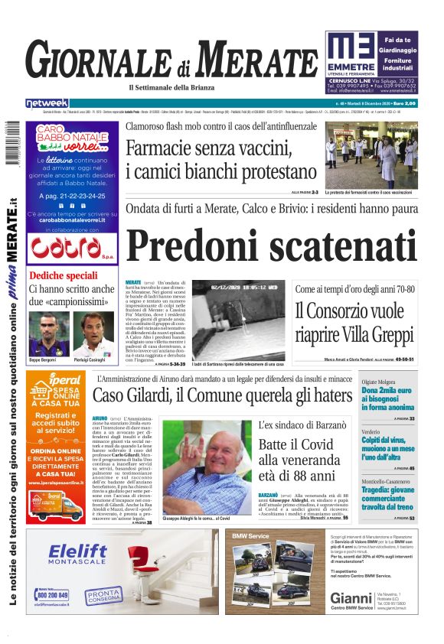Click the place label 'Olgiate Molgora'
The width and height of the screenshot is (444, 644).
380,380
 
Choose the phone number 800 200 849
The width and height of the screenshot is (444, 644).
52,594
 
